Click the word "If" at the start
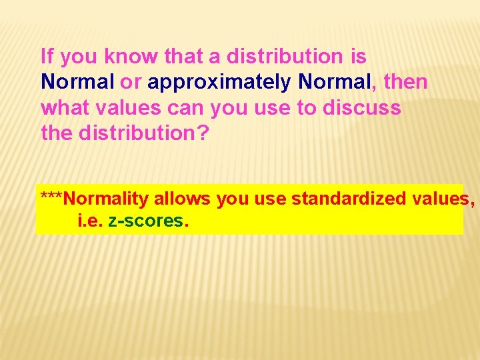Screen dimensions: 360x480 (x=47, y=57)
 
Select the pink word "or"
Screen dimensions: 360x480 (x=131, y=82)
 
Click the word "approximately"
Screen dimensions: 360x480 (x=219, y=83)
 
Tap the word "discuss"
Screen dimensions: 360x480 (x=362, y=107)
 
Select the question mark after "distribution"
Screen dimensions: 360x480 (x=203, y=133)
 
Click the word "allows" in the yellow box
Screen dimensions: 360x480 (x=181, y=199)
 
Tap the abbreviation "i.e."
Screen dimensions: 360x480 (x=91, y=221)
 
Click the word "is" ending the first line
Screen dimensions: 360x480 (x=359, y=57)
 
